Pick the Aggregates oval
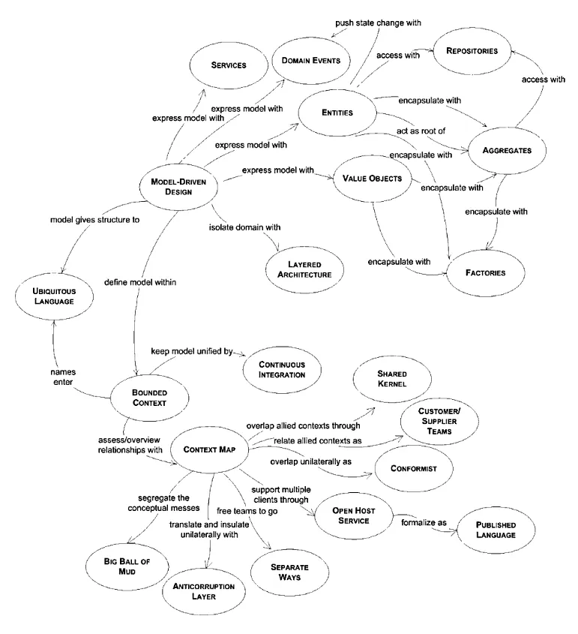click(x=508, y=150)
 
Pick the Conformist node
click(x=412, y=467)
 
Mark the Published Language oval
click(x=495, y=530)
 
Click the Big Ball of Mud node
click(x=123, y=565)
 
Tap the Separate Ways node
click(x=289, y=572)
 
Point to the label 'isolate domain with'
click(x=244, y=226)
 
